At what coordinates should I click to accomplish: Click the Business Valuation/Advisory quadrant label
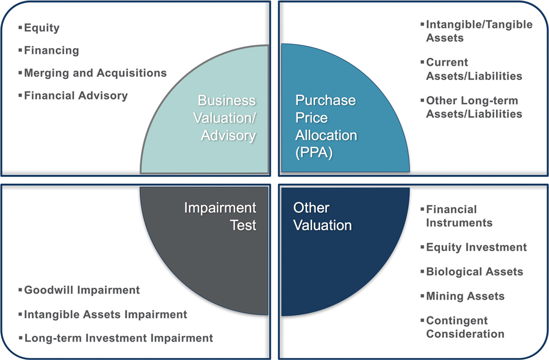click(225, 118)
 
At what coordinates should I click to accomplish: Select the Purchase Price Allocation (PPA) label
click(326, 126)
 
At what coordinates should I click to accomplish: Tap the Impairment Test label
click(220, 216)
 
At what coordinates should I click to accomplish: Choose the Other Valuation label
click(322, 216)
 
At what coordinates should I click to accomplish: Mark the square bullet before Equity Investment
click(422, 247)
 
